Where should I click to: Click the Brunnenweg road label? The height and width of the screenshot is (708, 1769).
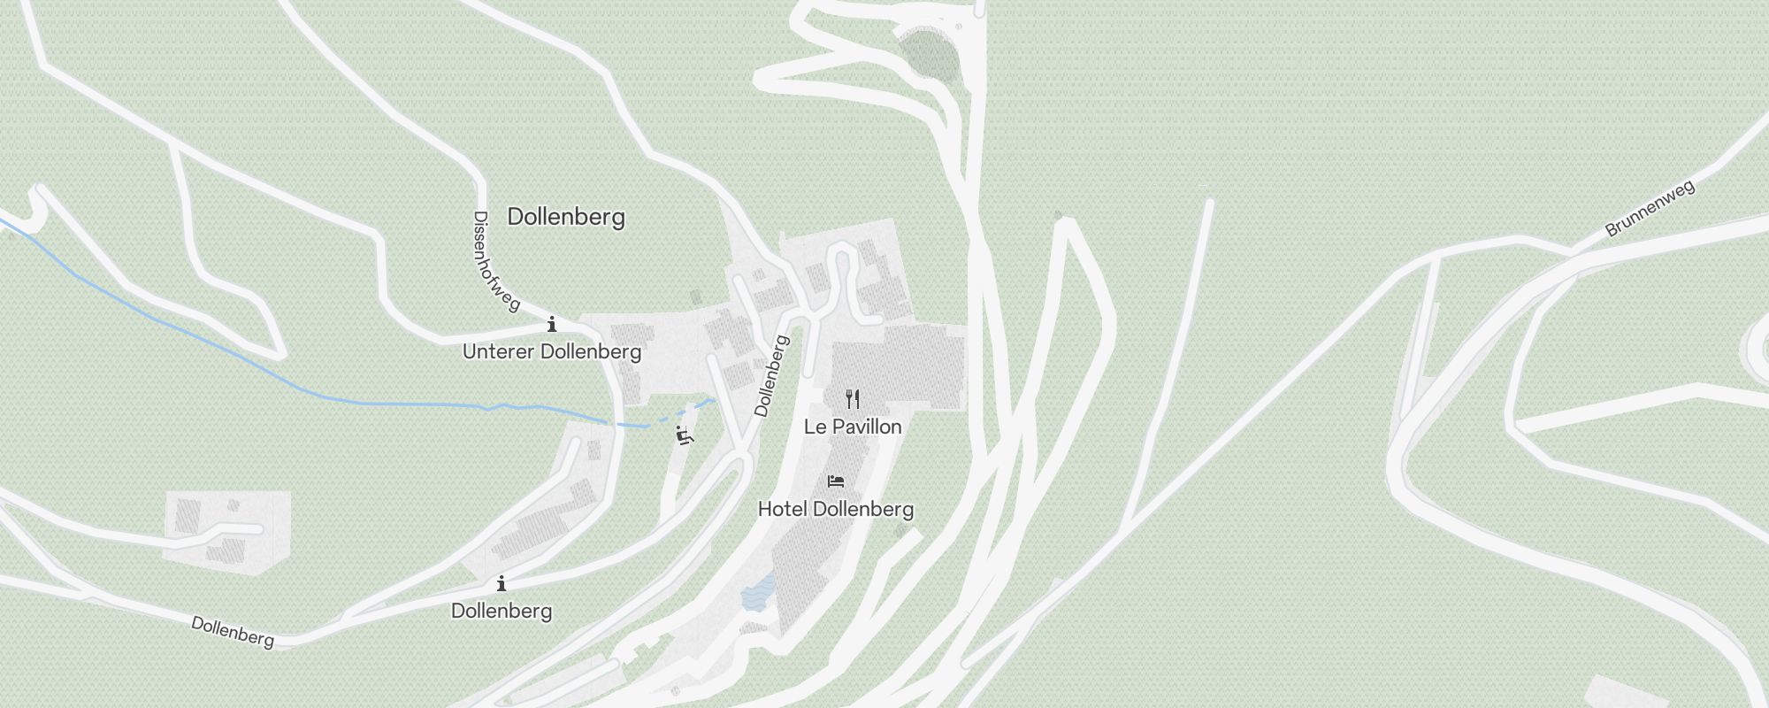(1650, 209)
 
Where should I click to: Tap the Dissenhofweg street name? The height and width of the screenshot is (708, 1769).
(495, 261)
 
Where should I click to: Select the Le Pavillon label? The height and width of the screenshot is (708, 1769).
(853, 427)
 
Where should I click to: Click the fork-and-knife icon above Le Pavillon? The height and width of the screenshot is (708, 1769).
(853, 399)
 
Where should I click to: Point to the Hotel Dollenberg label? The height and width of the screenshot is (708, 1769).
(836, 509)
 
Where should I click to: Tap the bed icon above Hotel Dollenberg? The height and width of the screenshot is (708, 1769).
(836, 481)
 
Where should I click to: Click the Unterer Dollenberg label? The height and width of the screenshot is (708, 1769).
(552, 351)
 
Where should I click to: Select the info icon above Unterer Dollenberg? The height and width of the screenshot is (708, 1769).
(552, 324)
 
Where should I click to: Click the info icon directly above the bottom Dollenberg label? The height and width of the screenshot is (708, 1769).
(502, 583)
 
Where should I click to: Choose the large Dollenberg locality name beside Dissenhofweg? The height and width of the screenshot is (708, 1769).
(566, 217)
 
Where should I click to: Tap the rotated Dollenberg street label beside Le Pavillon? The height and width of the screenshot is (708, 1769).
(770, 375)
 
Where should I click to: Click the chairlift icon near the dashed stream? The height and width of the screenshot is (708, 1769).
(684, 435)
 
